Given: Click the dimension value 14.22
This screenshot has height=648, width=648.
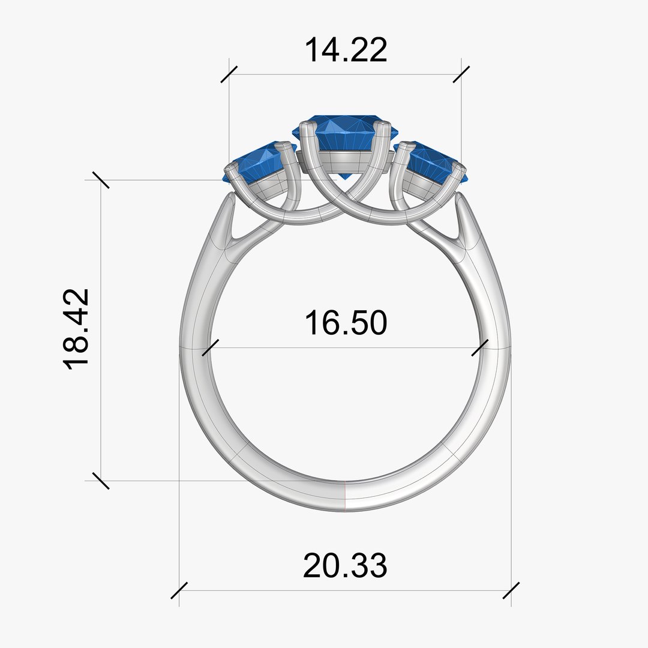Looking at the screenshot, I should [346, 50].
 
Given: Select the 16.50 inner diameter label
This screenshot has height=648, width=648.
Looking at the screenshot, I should [346, 323].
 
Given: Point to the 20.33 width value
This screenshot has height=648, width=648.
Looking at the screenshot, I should [345, 566].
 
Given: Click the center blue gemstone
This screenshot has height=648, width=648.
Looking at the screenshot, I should [344, 133].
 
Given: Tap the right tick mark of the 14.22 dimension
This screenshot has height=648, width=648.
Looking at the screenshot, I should [461, 74].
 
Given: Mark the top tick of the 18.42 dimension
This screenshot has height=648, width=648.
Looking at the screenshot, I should [101, 179].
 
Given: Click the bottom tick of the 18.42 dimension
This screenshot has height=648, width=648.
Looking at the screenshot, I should [101, 480].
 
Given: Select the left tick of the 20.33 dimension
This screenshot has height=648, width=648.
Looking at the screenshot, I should [179, 590].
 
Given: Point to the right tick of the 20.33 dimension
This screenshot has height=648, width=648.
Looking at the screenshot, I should [511, 590].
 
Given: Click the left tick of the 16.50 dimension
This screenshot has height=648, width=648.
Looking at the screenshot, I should [210, 347].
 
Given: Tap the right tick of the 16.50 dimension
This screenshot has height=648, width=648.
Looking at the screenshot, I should [480, 347].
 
